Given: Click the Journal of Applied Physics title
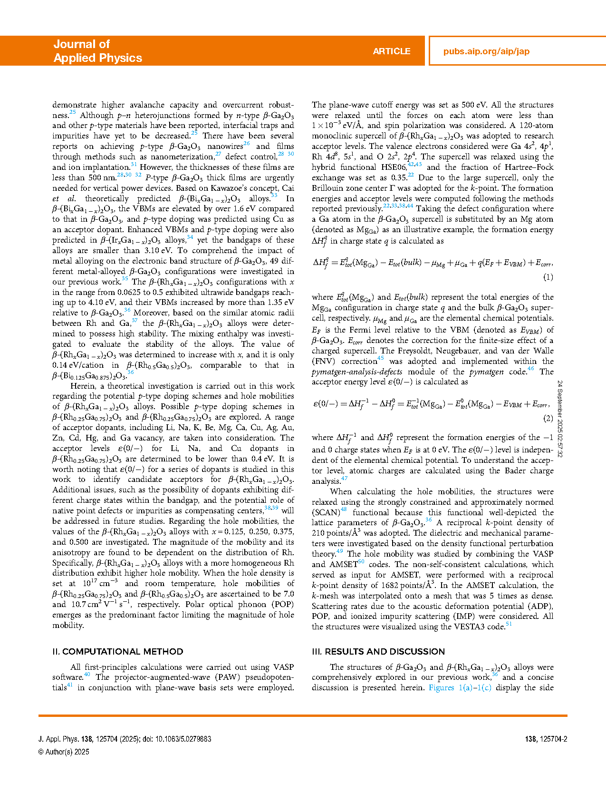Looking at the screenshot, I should [97, 51].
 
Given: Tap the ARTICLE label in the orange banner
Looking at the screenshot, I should [391, 51].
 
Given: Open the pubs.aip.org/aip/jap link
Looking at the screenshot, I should [486, 51].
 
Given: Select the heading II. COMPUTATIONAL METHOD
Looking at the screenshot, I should [117, 651].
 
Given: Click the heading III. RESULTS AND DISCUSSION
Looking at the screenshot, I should [378, 651].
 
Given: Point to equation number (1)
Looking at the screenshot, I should [548, 277].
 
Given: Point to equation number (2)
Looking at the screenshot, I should [548, 418].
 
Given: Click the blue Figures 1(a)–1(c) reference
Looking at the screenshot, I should [460, 687].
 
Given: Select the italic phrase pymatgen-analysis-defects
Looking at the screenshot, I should [357, 372].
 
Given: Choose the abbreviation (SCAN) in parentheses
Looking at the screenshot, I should [326, 512].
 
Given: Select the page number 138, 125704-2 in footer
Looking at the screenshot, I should [546, 739].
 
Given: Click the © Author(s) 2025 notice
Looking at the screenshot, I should [64, 752].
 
